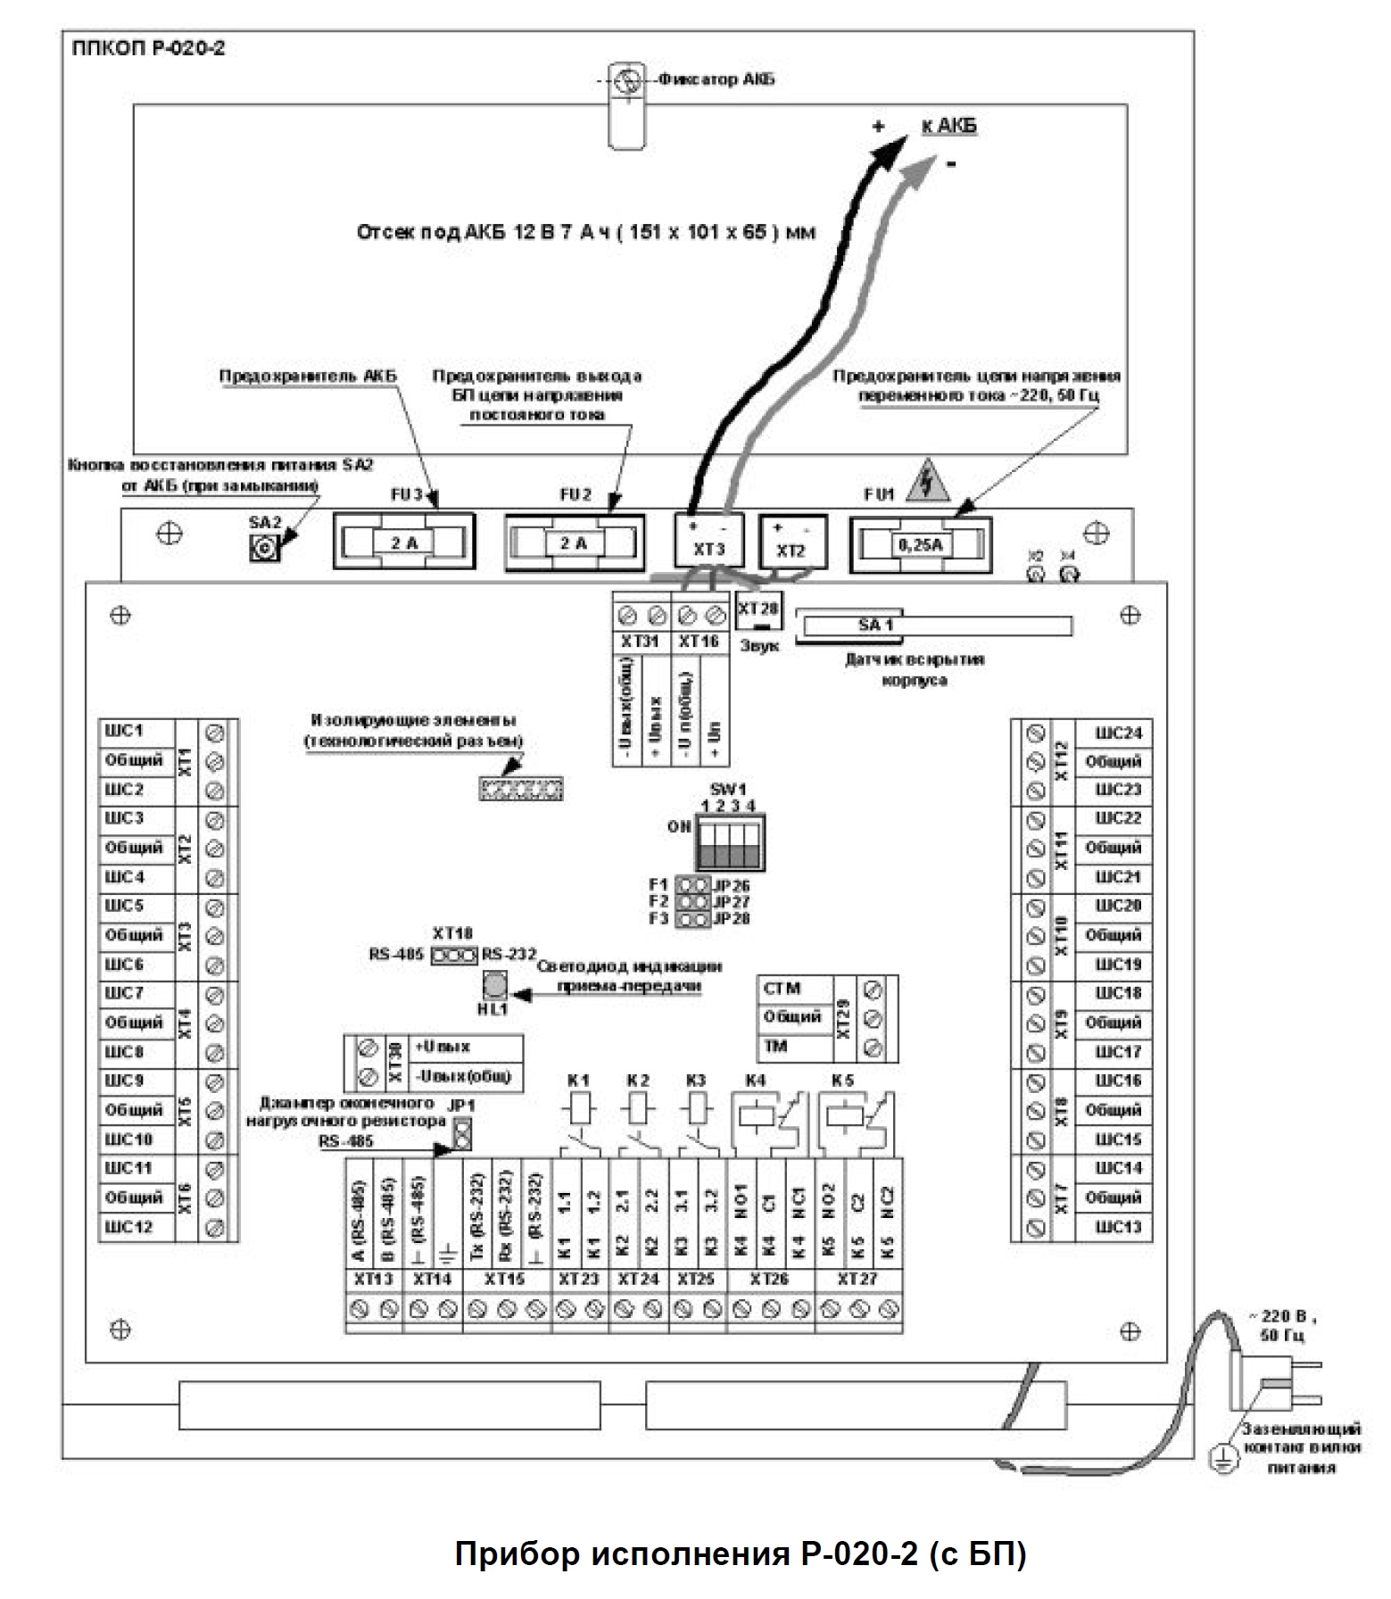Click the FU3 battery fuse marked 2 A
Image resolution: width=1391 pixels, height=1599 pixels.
404,541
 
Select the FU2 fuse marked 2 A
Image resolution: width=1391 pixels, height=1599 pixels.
574,542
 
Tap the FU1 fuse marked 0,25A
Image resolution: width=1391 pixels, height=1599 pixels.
920,542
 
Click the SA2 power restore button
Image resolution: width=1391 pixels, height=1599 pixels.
264,547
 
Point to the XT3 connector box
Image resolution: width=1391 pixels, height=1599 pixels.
709,540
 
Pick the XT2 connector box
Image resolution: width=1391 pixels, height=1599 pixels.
791,542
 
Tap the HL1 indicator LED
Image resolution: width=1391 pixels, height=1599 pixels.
494,984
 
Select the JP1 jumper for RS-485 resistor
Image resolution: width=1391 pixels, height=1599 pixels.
461,1134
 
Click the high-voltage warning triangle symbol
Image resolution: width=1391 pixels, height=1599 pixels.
928,485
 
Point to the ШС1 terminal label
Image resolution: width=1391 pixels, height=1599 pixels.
125,731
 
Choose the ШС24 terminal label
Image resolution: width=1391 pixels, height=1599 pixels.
1118,733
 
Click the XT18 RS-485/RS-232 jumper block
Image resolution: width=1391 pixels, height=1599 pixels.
453,956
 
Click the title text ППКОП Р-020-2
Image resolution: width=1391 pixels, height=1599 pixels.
148,48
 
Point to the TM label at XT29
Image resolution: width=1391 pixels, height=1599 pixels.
775,1046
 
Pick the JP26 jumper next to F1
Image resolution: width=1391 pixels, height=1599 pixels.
692,886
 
